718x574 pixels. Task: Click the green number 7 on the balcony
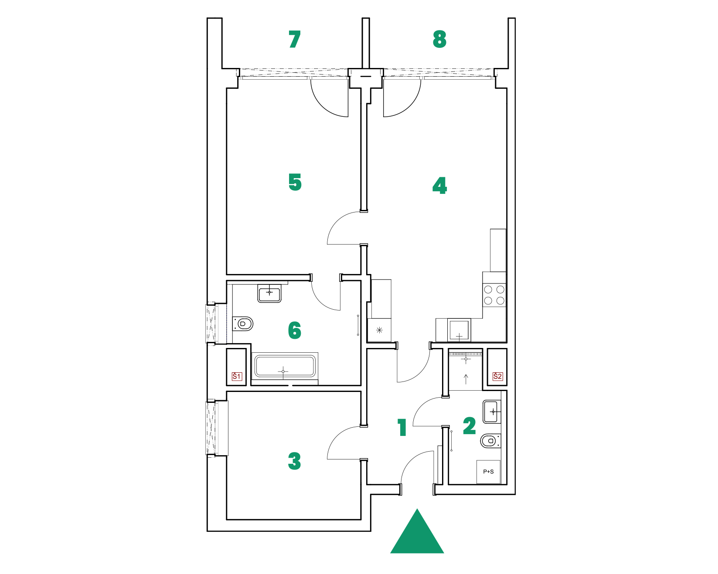(x=295, y=39)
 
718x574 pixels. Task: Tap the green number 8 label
(x=439, y=39)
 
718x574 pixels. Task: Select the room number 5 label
(x=295, y=182)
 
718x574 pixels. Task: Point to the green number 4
(x=439, y=186)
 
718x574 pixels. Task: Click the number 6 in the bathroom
(x=295, y=330)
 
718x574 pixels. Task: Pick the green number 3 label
(x=295, y=461)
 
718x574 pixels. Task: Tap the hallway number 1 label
(x=402, y=427)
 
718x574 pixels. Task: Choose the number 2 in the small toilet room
(x=470, y=426)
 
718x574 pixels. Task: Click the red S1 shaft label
(x=237, y=376)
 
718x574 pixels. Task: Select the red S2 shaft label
(x=497, y=376)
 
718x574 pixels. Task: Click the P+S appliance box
(x=489, y=472)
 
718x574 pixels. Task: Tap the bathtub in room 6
(x=284, y=366)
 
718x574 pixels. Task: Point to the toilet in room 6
(x=243, y=324)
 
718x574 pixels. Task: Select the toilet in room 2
(x=490, y=441)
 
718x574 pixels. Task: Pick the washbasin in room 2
(x=492, y=412)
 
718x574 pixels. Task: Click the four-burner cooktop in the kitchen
(x=494, y=295)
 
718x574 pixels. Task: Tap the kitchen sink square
(x=459, y=330)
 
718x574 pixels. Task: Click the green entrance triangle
(x=417, y=531)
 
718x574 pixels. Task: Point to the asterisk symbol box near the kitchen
(x=379, y=330)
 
